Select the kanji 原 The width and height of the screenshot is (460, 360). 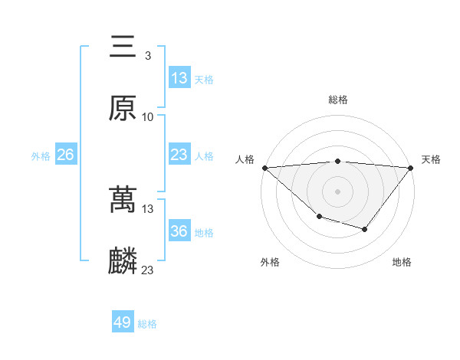coord(123,108)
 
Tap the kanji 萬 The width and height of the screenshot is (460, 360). coord(123,201)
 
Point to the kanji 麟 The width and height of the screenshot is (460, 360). coord(123,261)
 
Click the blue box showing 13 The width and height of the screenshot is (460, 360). coord(179,78)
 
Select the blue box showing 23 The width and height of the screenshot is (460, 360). coord(179,155)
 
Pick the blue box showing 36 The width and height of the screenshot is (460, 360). coord(179,232)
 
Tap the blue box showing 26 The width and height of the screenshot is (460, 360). coord(65,155)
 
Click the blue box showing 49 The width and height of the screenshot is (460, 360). coord(123,323)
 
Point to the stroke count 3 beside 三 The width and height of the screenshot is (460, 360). coord(147,56)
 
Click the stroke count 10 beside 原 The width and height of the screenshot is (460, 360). coord(148,116)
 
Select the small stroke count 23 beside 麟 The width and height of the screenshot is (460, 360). coord(148,270)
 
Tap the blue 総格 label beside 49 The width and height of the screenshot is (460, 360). coord(147,324)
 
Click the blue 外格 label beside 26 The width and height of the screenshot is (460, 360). coord(41,156)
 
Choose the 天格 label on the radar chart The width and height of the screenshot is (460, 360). coord(432,159)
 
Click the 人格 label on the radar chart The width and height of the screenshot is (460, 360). coord(245,159)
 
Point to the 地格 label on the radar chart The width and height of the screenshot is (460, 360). coord(402,262)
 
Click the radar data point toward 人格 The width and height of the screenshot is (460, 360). coord(264,168)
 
